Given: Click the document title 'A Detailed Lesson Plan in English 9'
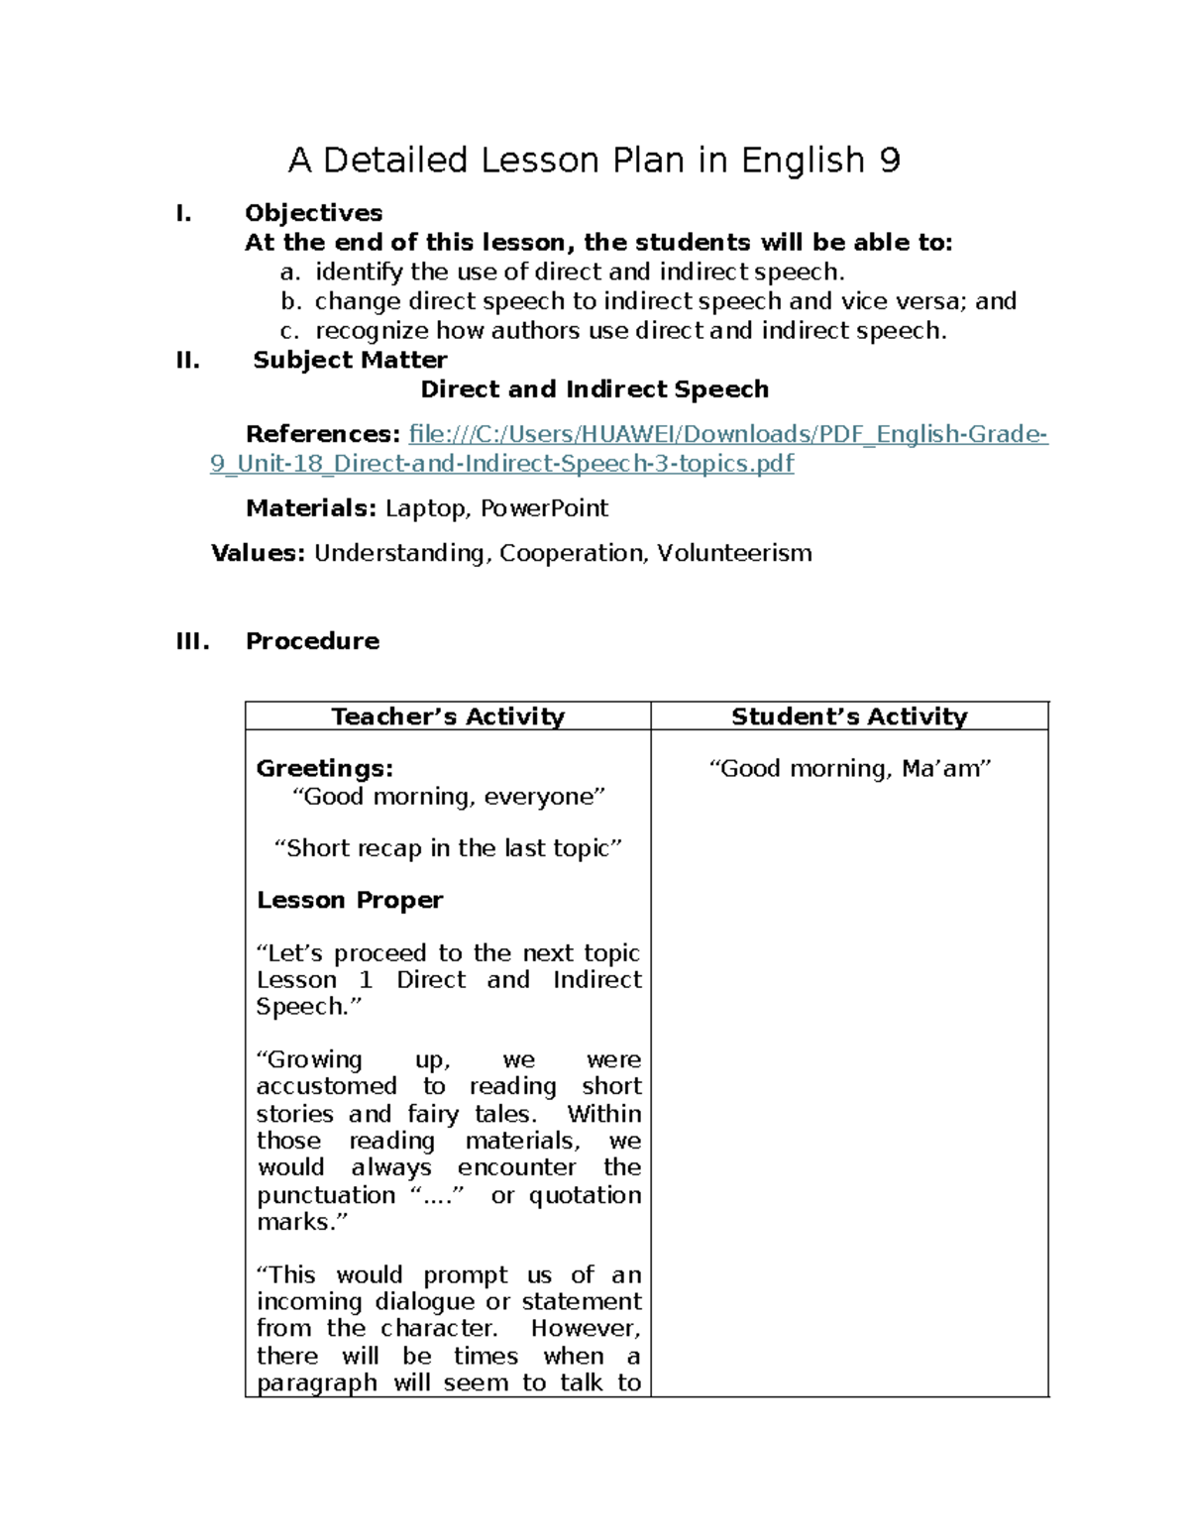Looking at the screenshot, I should [x=594, y=161].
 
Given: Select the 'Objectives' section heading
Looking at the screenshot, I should [x=313, y=213].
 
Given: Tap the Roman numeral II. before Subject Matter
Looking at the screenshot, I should [x=187, y=360].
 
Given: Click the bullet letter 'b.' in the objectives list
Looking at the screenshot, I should [x=290, y=301].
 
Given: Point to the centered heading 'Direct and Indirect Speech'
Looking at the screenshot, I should [x=594, y=389].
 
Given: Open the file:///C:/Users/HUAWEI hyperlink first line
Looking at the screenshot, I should [x=727, y=434].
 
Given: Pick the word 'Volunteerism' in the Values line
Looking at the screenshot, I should [x=734, y=553].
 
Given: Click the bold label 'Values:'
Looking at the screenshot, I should [x=258, y=553].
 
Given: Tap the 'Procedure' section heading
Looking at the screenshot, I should [x=312, y=641].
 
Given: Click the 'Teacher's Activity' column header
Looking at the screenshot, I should [x=448, y=716].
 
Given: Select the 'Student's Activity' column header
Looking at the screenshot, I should [x=849, y=716].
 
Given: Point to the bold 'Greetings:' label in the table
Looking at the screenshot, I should [x=324, y=768].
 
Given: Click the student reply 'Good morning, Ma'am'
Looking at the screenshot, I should [x=849, y=768].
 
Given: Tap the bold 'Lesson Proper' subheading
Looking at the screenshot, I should [x=350, y=900].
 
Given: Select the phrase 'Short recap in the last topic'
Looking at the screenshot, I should [x=448, y=848].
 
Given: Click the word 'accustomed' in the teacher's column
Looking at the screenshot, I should [x=326, y=1086].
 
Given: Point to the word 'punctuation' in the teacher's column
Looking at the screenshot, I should [x=326, y=1195].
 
